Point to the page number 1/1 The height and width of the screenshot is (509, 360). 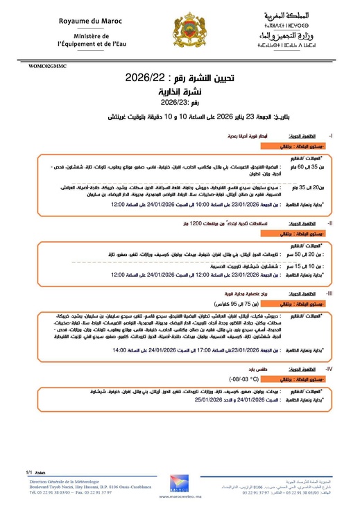(x=28, y=471)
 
